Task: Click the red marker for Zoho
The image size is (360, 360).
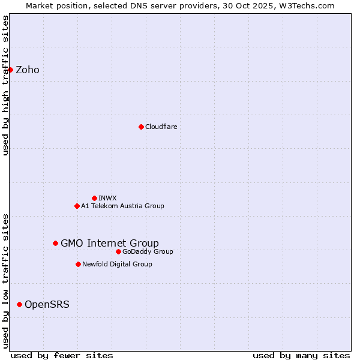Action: (x=10, y=70)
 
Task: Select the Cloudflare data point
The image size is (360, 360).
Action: (x=141, y=127)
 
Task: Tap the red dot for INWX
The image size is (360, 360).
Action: (x=94, y=198)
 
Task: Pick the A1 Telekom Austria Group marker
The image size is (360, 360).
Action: (x=77, y=206)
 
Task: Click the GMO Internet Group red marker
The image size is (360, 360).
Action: (x=55, y=243)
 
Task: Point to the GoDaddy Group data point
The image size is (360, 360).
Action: (x=118, y=251)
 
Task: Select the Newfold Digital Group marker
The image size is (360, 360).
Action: (x=78, y=264)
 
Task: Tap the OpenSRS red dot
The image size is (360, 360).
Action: (x=19, y=304)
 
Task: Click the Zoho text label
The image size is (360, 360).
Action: (x=28, y=70)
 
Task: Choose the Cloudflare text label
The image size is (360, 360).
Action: (x=161, y=127)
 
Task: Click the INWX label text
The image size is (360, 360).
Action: (x=108, y=198)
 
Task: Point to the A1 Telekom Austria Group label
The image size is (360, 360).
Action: (x=122, y=206)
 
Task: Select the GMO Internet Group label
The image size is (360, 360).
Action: (x=110, y=243)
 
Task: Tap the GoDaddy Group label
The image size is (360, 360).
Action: (x=148, y=251)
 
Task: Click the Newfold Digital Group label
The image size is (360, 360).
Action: (x=117, y=264)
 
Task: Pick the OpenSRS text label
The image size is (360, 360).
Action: (x=47, y=304)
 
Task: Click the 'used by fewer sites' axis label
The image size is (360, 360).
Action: (x=62, y=355)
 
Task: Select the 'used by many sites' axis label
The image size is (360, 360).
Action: (x=301, y=355)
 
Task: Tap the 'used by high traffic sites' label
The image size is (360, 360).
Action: (x=5, y=85)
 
